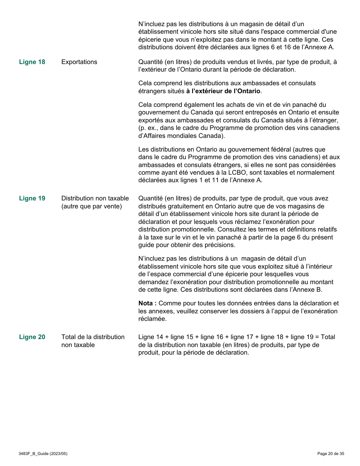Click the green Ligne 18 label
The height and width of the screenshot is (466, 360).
tap(32, 62)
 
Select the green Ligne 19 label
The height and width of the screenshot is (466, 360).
tap(32, 199)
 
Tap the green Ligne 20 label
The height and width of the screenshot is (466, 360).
tap(32, 337)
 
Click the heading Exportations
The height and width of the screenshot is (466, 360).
tap(79, 62)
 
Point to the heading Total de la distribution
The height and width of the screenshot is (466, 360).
tap(93, 337)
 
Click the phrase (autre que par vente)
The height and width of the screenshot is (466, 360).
tap(92, 206)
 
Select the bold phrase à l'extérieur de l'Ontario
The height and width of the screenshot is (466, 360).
tap(223, 91)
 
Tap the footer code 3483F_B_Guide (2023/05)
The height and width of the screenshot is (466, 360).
tap(43, 454)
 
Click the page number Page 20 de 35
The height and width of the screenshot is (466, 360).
tap(330, 454)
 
